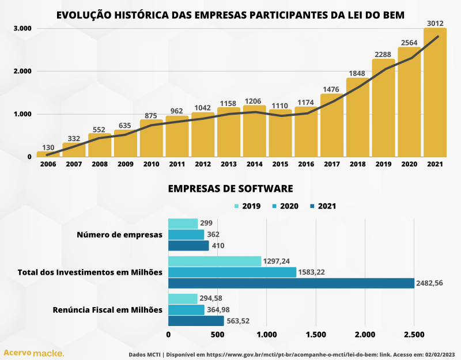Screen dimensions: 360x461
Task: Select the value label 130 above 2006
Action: coord(48,148)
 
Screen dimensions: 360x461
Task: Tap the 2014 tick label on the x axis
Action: coord(254,164)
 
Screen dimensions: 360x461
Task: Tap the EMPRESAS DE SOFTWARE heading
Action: coord(231,189)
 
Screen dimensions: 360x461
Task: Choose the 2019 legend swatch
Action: coord(237,206)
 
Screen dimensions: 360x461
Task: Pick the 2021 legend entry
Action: coord(323,206)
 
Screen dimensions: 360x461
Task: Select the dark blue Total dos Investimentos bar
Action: coord(291,283)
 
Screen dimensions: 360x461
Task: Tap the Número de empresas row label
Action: coord(120,235)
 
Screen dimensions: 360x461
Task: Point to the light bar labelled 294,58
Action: coord(183,298)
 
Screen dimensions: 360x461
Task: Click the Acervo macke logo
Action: coord(34,352)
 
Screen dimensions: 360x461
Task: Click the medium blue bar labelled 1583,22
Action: coord(232,272)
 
